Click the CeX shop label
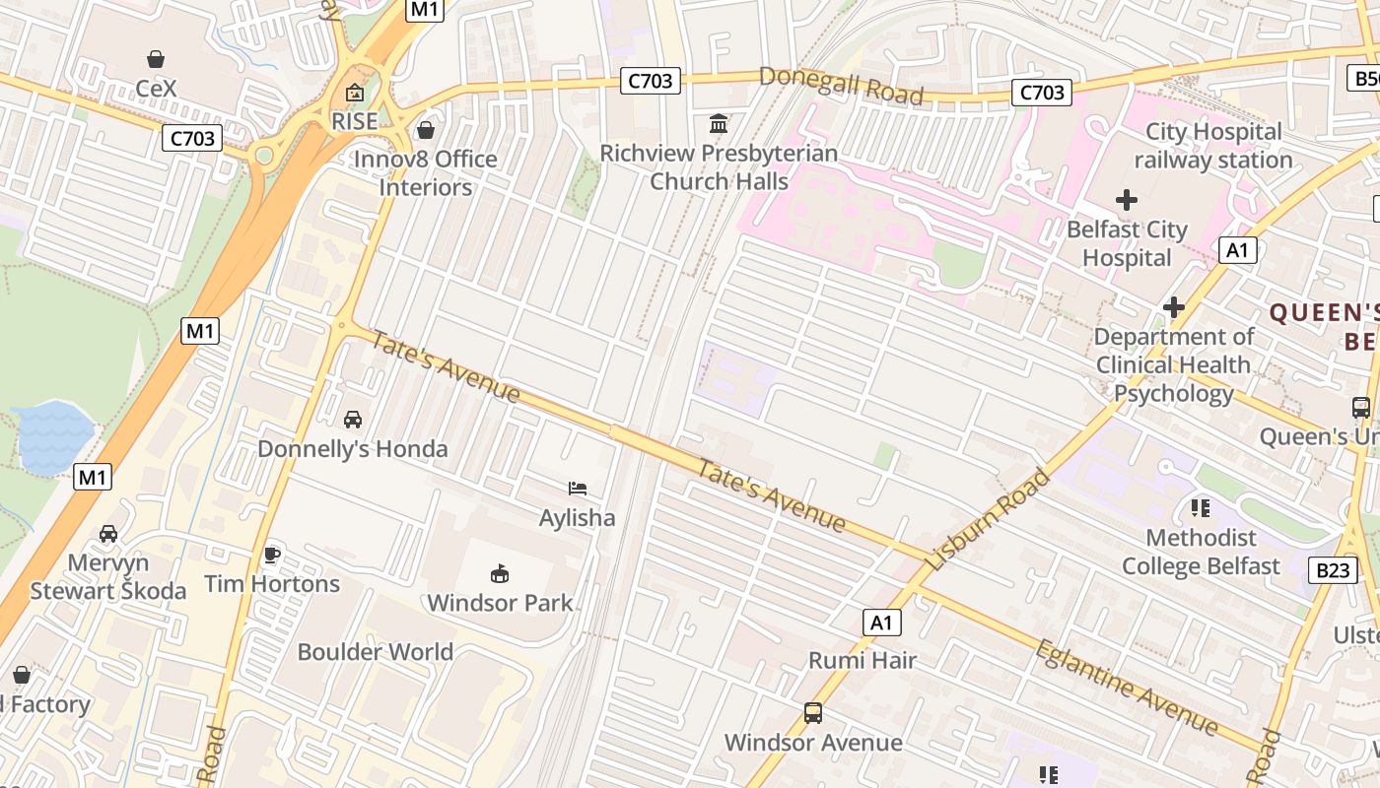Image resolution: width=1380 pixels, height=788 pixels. (156, 89)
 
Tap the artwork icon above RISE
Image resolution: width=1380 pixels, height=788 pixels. (354, 94)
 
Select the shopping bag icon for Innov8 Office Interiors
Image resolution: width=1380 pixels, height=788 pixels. (426, 130)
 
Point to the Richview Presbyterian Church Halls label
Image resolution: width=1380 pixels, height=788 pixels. (719, 167)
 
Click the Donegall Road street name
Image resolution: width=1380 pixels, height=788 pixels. (841, 86)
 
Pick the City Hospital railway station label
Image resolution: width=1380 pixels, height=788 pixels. (1213, 146)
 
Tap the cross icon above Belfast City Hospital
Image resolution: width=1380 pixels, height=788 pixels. (1126, 201)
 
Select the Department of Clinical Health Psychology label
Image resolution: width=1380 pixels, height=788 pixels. (1174, 365)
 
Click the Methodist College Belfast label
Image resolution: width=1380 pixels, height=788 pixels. (1201, 552)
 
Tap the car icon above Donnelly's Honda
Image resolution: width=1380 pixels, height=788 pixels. (353, 420)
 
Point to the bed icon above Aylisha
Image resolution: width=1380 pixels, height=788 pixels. (578, 489)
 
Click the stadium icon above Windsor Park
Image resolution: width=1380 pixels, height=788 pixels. (500, 573)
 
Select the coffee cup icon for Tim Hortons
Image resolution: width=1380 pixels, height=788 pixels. (272, 555)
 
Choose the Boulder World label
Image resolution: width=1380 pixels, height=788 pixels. (376, 652)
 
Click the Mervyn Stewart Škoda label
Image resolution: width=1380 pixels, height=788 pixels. (108, 577)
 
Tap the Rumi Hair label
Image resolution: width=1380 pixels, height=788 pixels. (862, 660)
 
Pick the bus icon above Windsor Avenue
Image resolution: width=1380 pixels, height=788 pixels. (813, 713)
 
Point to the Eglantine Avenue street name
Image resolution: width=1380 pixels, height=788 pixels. (1126, 688)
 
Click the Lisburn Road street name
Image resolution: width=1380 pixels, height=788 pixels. (989, 519)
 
